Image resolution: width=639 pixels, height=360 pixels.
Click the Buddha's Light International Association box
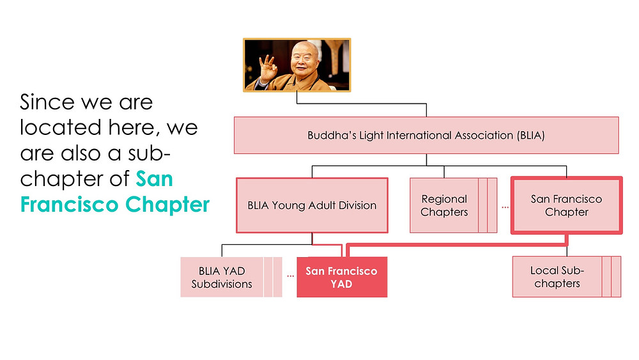tap(426, 136)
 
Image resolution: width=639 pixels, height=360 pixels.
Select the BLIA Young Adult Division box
tap(312, 205)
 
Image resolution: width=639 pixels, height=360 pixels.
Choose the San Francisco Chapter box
tap(566, 205)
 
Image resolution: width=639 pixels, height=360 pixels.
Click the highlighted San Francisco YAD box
tap(342, 277)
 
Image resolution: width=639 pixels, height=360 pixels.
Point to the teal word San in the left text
tap(155, 179)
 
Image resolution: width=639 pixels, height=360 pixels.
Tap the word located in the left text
tap(61, 128)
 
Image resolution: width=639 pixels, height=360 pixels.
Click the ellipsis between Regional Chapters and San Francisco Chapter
tap(505, 208)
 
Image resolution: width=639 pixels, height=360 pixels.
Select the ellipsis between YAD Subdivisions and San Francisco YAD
tap(290, 276)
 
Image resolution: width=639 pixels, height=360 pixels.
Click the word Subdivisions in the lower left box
tap(222, 284)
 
